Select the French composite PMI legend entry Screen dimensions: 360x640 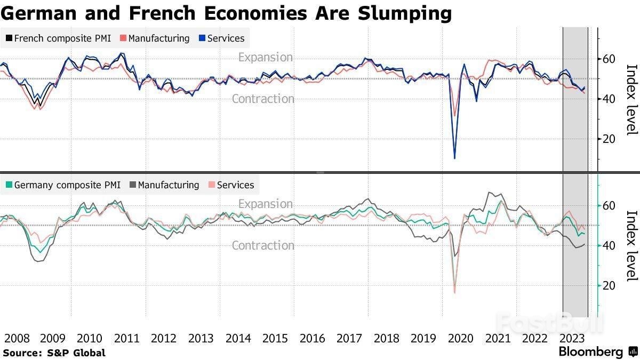point(58,38)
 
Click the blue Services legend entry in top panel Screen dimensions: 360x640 point(221,38)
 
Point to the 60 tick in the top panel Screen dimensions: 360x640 point(609,59)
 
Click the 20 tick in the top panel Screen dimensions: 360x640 point(609,139)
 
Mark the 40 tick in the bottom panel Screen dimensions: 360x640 point(609,245)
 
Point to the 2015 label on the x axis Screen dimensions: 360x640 point(275,338)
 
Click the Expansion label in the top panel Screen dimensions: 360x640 point(266,57)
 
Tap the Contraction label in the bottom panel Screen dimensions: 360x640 point(263,245)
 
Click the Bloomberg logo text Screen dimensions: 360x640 point(590,352)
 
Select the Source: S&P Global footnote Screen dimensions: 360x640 point(54,353)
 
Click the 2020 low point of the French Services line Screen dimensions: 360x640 point(454,158)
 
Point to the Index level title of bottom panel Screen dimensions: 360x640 point(631,245)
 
